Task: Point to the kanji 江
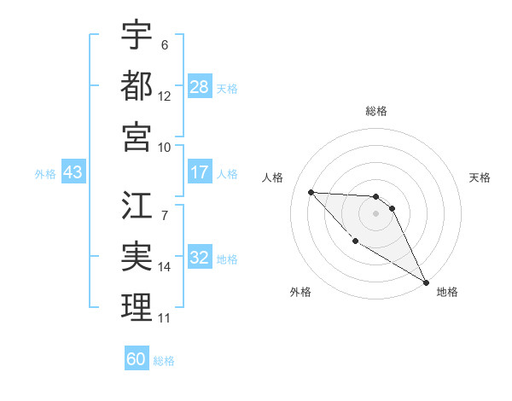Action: [x=137, y=207]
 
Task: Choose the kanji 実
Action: [x=137, y=256]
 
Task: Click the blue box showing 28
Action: [x=200, y=87]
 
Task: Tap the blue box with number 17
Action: [x=200, y=172]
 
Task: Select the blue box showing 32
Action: [x=200, y=259]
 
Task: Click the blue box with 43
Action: [x=73, y=173]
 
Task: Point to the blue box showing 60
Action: [x=137, y=359]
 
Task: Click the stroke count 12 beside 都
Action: [x=165, y=96]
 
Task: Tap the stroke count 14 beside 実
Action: [x=165, y=266]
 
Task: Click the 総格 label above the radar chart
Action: [x=375, y=111]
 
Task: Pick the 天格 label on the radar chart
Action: [x=480, y=177]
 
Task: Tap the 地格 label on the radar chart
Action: [x=447, y=292]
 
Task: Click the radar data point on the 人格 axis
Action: [x=311, y=192]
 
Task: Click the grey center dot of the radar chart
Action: [x=375, y=213]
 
